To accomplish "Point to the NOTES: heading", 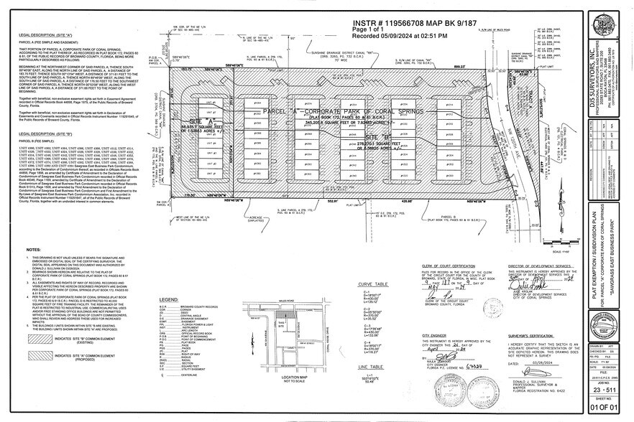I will coord(33,249).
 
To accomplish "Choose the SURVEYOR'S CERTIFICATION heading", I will coord(536,334).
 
